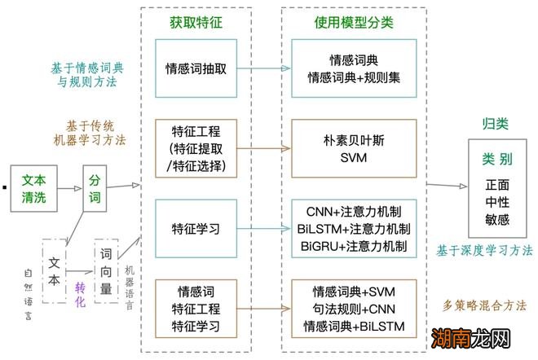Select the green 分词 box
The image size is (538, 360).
pos(96,187)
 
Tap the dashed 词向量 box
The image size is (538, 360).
pos(108,271)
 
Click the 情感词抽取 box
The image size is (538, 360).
pos(196,69)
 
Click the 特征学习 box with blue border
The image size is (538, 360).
pos(196,229)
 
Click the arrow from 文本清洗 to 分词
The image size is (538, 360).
pos(69,187)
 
